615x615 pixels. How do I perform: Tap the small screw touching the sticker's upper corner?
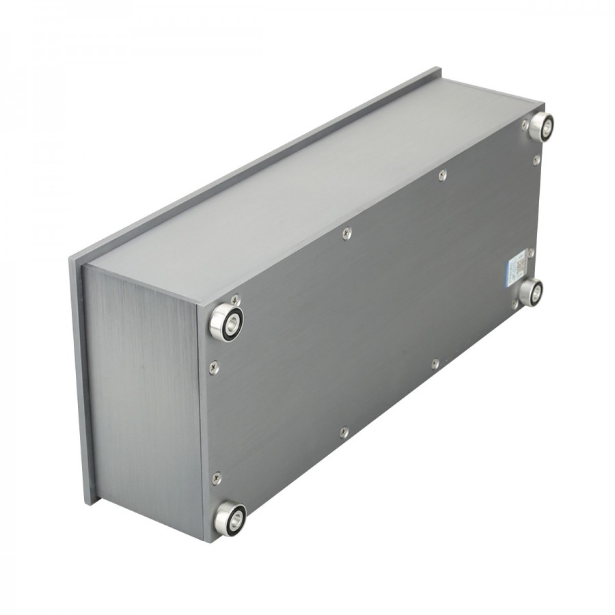[x=530, y=253]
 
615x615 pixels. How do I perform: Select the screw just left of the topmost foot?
[x=525, y=125]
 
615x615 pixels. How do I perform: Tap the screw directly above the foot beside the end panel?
[x=236, y=299]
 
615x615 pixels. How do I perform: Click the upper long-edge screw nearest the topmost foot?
[x=443, y=175]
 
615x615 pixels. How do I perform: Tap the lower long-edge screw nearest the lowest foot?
[x=344, y=431]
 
